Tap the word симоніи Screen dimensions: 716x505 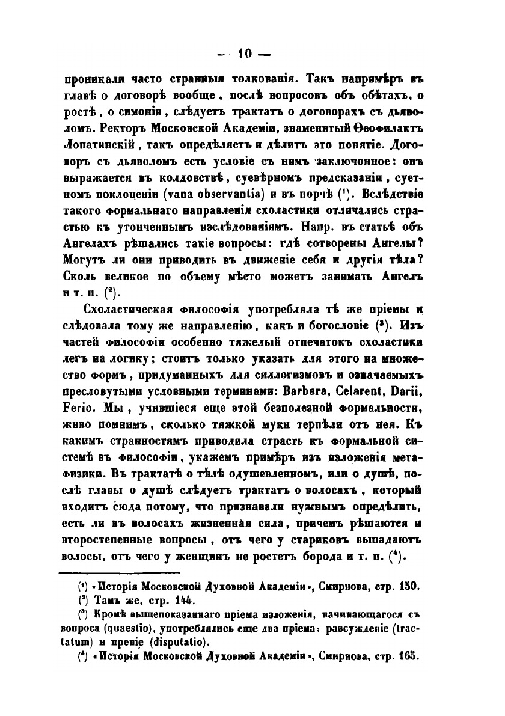(x=132, y=112)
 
